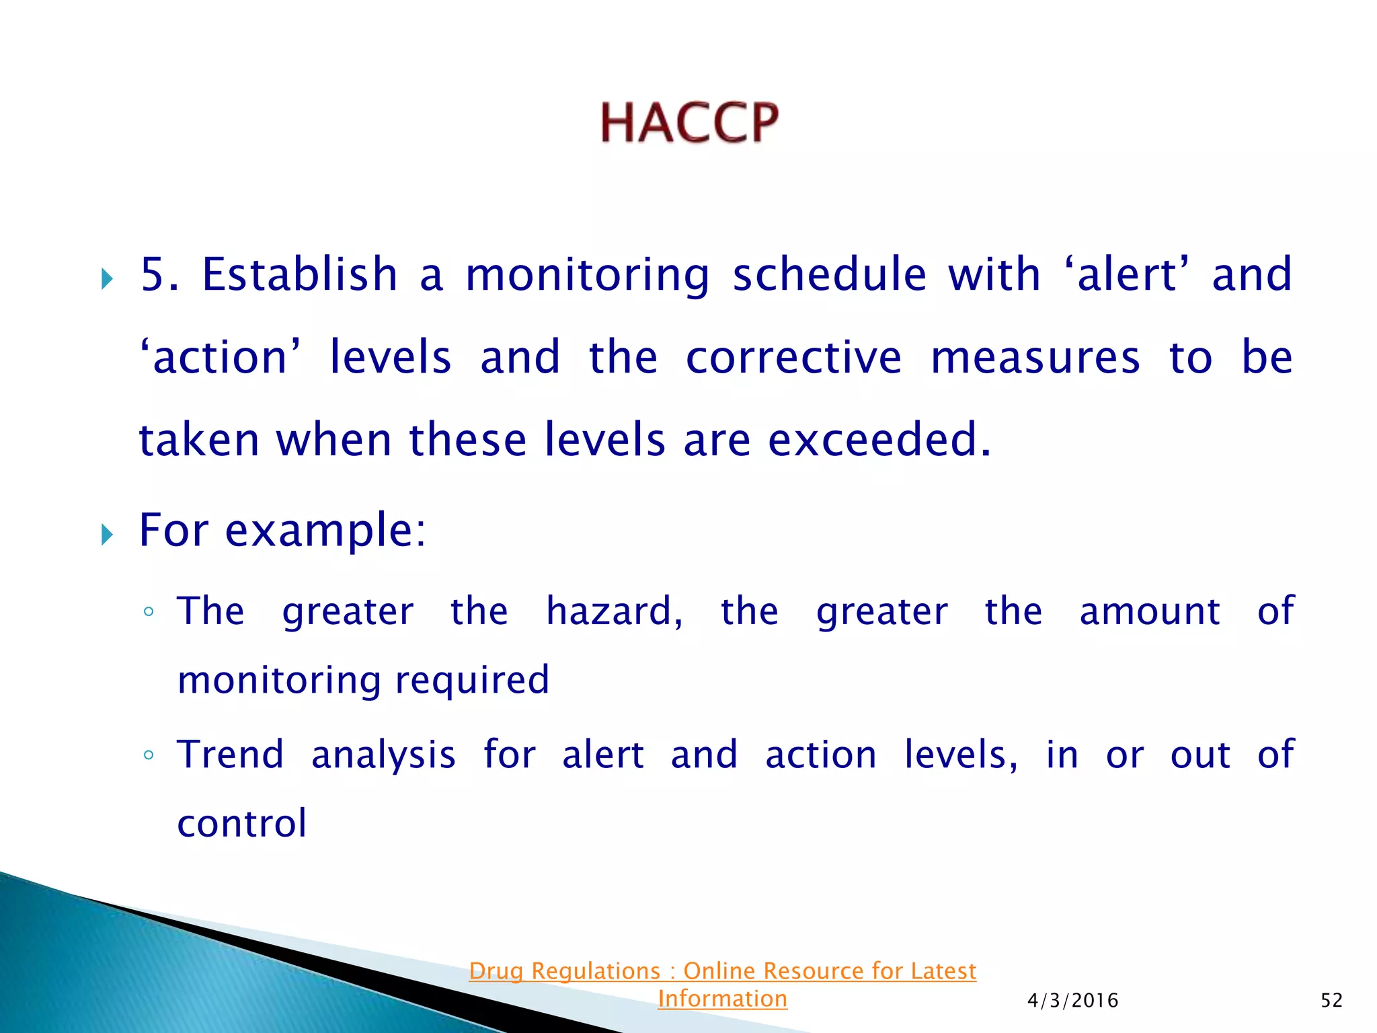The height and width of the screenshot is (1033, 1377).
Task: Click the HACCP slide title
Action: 689,123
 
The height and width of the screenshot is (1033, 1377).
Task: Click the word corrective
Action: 793,357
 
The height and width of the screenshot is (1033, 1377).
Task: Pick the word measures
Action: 1035,357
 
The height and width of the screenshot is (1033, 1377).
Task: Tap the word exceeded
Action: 879,440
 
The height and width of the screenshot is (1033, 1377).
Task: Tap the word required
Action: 472,680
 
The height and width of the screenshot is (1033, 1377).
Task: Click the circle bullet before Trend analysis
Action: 149,755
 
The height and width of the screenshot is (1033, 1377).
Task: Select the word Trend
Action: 230,754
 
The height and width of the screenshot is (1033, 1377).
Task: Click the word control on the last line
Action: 242,823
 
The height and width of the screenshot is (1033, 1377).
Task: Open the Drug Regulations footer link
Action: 722,971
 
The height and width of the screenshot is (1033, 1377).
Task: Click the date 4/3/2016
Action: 1073,1001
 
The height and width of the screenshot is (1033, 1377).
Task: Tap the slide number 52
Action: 1331,1001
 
